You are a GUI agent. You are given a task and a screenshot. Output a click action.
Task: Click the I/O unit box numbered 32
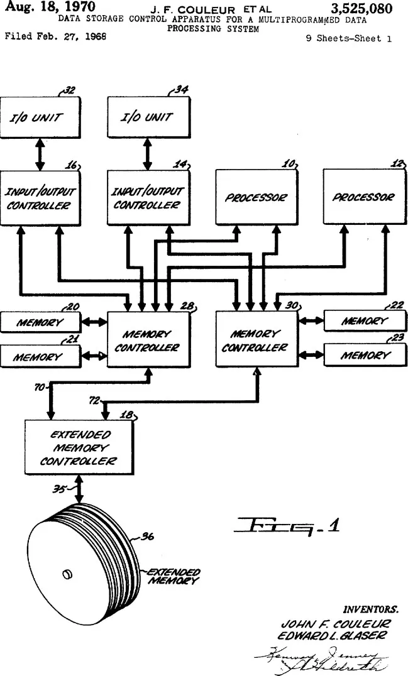point(40,116)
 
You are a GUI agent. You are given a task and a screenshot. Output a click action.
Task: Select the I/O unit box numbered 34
point(148,116)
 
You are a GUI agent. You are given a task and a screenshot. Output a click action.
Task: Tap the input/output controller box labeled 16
point(40,197)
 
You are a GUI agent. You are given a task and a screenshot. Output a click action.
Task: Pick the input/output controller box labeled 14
point(148,197)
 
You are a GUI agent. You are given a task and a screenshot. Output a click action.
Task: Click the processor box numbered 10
point(256,197)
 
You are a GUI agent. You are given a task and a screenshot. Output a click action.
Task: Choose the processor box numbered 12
point(363,197)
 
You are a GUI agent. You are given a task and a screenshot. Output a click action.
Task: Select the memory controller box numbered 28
point(148,339)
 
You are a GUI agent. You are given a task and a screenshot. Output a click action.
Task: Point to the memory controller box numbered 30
point(256,339)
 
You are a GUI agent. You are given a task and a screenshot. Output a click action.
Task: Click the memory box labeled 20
point(40,322)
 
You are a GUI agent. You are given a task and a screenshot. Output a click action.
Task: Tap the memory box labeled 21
point(40,356)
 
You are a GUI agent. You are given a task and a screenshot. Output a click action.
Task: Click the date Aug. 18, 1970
point(50,8)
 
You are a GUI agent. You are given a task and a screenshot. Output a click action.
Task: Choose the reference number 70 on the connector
point(39,388)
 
